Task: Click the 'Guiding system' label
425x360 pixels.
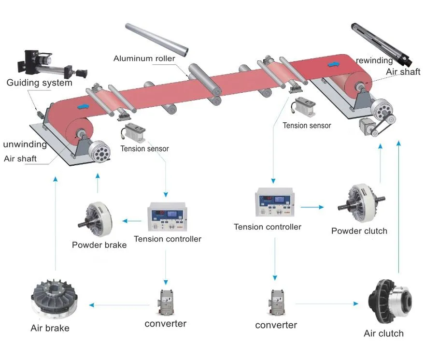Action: click(x=39, y=83)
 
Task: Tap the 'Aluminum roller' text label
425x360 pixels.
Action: click(x=144, y=59)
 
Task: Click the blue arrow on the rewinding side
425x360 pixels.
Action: click(x=333, y=64)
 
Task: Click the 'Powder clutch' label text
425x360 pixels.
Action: click(x=359, y=231)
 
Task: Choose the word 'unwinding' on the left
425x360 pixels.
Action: click(x=25, y=144)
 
